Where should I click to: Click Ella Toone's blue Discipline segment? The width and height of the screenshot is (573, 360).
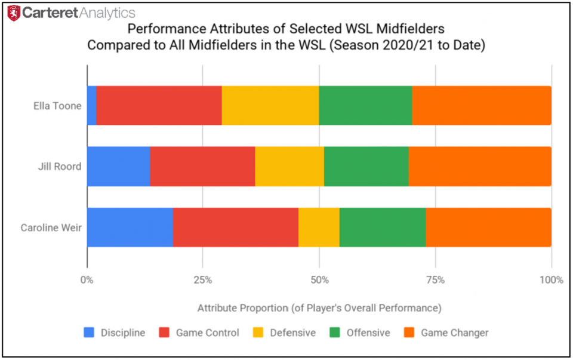pos(91,106)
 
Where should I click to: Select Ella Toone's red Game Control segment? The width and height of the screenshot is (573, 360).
pos(159,106)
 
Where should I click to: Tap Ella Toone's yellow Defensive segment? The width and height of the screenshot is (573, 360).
pos(270,106)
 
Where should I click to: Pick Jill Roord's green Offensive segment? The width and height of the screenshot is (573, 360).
pos(366,166)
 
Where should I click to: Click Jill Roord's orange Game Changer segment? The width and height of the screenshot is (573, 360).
pos(480,166)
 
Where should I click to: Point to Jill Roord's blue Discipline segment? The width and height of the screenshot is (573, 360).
pos(118,166)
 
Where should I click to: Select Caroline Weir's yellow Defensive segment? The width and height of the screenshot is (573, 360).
pos(319,227)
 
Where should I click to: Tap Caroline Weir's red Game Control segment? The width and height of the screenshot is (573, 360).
pos(236,227)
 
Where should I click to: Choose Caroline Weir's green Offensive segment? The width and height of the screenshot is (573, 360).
pos(383,227)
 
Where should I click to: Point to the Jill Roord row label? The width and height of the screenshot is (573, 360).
pos(59,167)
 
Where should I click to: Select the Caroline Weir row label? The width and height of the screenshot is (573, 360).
pos(51,227)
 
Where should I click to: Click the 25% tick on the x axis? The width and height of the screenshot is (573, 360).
pos(203,279)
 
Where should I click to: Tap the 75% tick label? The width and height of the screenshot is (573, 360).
pos(435,279)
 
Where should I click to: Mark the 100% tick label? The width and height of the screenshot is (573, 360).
pos(551,279)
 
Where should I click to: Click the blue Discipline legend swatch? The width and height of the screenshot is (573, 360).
pos(89,333)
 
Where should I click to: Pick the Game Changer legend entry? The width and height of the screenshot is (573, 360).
pos(454,333)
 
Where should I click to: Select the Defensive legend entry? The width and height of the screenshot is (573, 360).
pos(291,333)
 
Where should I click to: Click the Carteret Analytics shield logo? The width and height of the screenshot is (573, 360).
pos(14,13)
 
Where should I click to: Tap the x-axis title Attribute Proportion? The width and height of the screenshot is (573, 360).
pos(319,308)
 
